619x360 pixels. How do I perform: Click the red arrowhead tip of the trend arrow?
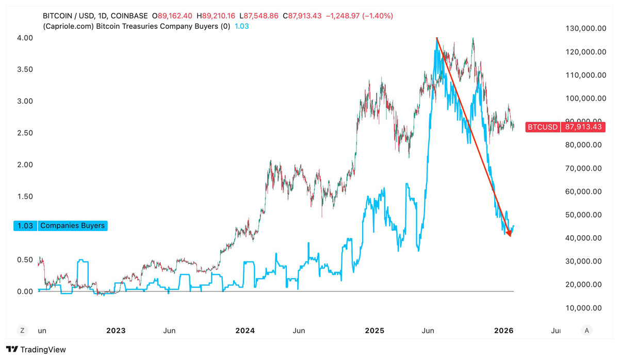(x=510, y=237)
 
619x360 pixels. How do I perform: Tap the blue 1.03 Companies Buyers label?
(x=60, y=226)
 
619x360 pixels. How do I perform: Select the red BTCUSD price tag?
(x=565, y=127)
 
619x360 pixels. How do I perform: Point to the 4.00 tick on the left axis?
(x=25, y=38)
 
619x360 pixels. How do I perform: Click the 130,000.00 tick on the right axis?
(x=585, y=28)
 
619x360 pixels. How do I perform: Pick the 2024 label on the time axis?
(x=245, y=331)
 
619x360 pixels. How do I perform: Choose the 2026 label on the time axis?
(x=503, y=331)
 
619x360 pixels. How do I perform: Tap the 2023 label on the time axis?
(x=116, y=331)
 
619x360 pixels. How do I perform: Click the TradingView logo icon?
(x=12, y=349)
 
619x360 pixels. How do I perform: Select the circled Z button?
(x=22, y=331)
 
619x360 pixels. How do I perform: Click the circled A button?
(x=587, y=331)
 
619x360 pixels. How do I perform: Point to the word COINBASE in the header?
(x=129, y=16)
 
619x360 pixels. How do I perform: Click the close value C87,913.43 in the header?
(x=302, y=16)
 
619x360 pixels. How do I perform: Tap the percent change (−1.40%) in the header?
(x=378, y=16)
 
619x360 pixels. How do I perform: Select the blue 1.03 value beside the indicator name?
(x=241, y=26)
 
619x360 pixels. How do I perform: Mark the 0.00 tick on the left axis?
(x=25, y=292)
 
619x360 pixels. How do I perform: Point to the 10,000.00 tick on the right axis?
(x=583, y=308)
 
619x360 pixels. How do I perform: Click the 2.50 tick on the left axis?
(x=25, y=133)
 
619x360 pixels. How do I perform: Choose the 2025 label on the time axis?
(x=374, y=331)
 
